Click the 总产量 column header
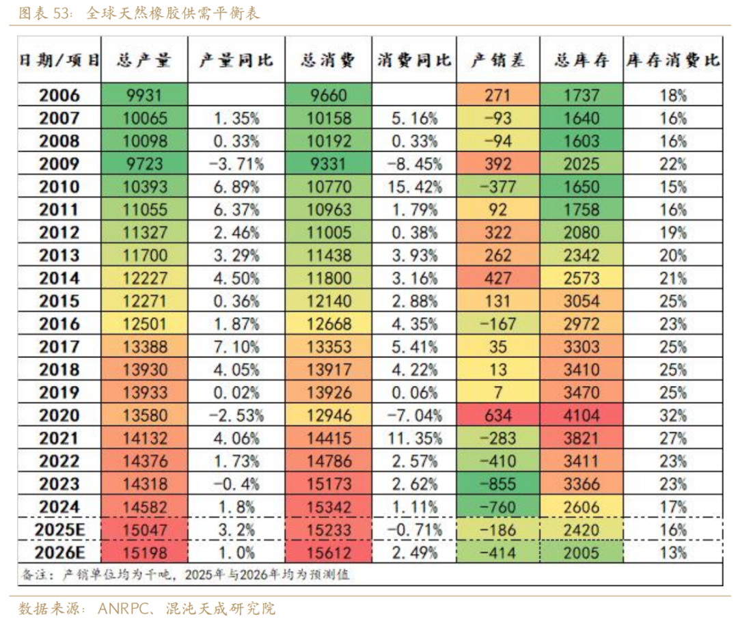pos(144,59)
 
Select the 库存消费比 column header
pos(673,59)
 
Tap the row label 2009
pos(59,164)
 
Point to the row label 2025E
pos(59,530)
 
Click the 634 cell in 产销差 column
pos(498,415)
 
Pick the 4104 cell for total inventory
pos(582,415)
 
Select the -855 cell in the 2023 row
pos(498,484)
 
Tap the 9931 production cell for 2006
pos(144,96)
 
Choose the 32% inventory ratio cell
pos(673,415)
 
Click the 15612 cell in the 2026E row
pos(329,553)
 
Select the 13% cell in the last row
pos(673,553)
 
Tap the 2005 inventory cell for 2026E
pos(582,553)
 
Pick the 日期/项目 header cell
pos(59,59)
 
